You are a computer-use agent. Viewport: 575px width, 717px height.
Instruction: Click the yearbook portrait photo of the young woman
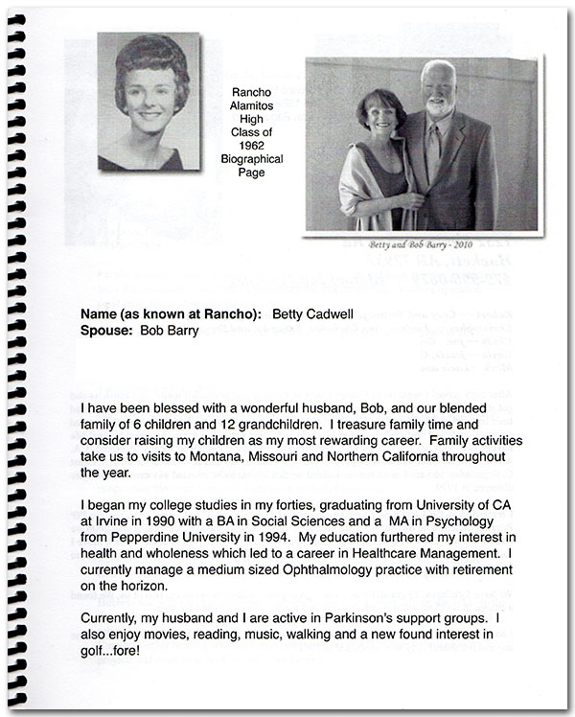pyautogui.click(x=149, y=102)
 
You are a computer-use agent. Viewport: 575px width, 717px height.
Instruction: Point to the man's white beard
pyautogui.click(x=438, y=107)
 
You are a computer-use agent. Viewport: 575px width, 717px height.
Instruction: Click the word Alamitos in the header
pyautogui.click(x=251, y=106)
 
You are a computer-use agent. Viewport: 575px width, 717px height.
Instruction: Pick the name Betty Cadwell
pyautogui.click(x=311, y=313)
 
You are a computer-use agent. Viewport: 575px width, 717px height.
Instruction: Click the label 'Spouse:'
pyautogui.click(x=108, y=331)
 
